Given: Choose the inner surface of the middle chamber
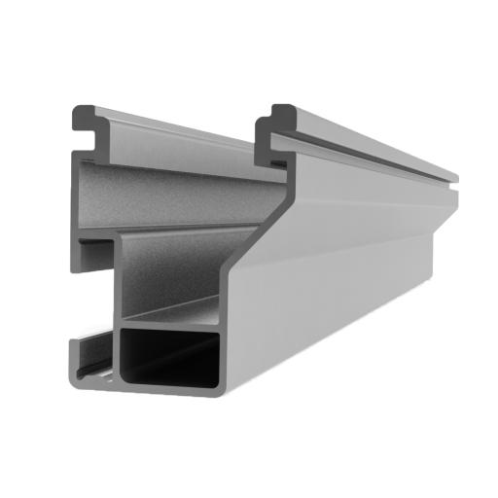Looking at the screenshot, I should (x=170, y=272).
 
